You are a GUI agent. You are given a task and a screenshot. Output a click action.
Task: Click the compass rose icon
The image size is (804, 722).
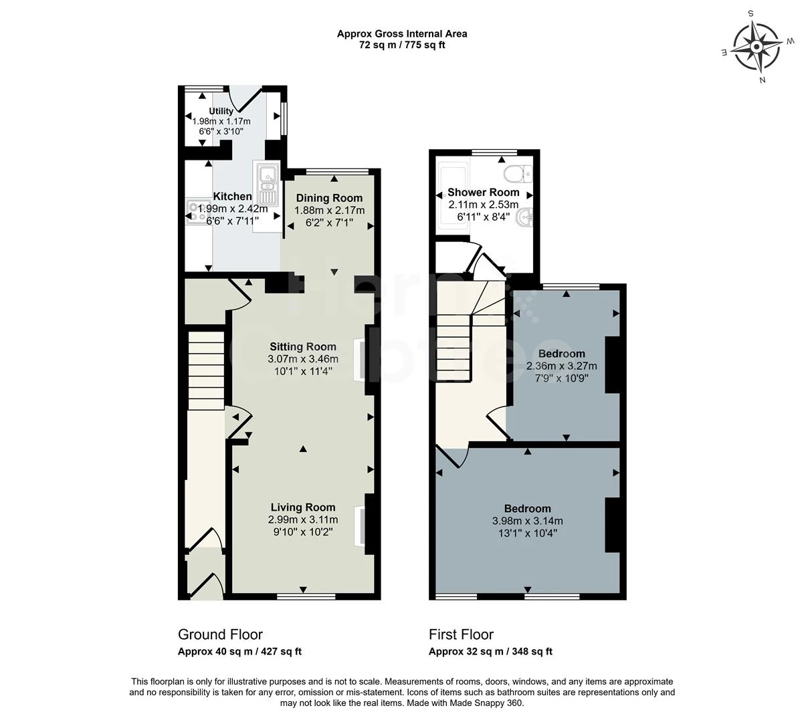[756, 47]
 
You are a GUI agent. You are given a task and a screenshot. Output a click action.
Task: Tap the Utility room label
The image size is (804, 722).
[221, 111]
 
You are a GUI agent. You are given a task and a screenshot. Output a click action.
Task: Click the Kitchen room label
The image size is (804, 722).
[232, 197]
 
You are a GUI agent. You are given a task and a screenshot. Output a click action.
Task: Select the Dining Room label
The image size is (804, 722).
[329, 198]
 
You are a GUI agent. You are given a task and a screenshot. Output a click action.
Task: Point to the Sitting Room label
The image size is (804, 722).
[302, 346]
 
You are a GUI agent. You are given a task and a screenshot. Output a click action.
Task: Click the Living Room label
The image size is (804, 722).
[302, 507]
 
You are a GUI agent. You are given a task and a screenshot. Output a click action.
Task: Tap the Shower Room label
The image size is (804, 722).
[483, 193]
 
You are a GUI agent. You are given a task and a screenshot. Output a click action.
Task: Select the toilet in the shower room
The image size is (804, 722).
[518, 174]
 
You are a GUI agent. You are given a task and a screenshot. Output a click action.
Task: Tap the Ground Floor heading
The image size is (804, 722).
[220, 634]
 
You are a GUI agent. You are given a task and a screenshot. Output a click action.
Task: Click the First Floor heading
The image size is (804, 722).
[461, 634]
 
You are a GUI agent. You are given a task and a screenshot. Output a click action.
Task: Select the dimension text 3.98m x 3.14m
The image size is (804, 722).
[527, 521]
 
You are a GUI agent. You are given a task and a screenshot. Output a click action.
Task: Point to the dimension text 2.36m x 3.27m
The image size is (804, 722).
[561, 366]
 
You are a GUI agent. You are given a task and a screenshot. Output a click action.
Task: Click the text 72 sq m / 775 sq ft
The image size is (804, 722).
[401, 45]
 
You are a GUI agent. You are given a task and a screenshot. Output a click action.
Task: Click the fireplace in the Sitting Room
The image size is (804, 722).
[360, 360]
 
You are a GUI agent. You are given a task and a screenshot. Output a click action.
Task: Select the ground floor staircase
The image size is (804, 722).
[205, 371]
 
